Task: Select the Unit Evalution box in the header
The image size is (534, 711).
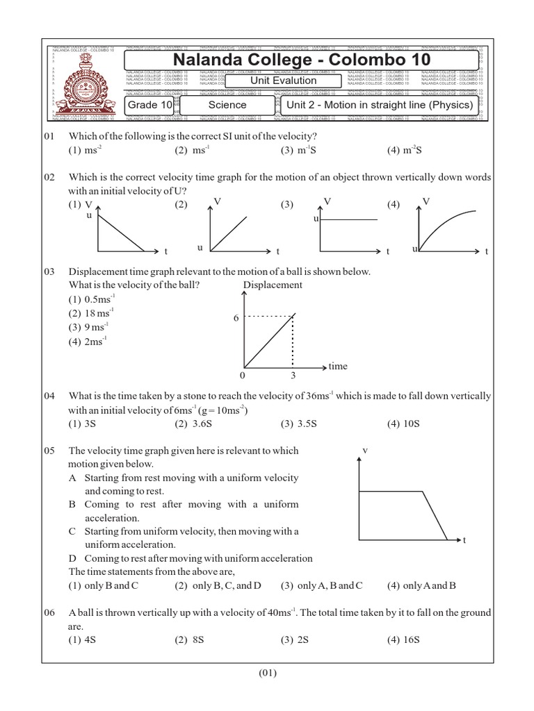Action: pos(283,81)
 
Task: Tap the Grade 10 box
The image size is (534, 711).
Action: pos(149,105)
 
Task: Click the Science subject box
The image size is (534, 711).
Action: pos(227,105)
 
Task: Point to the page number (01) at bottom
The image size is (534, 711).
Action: pos(267,672)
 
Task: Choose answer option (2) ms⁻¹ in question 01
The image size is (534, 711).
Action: pos(191,150)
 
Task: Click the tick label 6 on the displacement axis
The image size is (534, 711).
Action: pos(235,317)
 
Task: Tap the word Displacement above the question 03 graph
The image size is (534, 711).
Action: pos(273,285)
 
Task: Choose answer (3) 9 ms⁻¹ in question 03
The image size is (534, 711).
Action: pos(89,326)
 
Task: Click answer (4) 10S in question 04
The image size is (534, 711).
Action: pos(404,424)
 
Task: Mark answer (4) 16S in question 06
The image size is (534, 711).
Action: pos(404,640)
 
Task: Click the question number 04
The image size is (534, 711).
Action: pos(49,396)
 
